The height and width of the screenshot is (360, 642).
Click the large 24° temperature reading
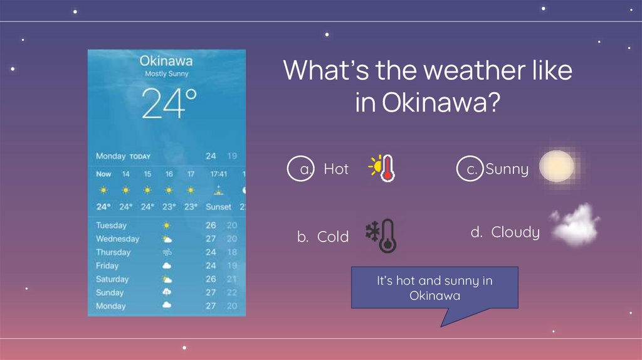pyautogui.click(x=169, y=103)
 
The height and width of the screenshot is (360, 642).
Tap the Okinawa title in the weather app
pyautogui.click(x=166, y=61)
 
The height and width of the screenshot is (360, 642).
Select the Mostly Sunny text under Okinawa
pyautogui.click(x=167, y=74)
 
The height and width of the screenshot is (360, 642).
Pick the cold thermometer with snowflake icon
pyautogui.click(x=381, y=236)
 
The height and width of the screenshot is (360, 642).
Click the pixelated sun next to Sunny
pyautogui.click(x=556, y=166)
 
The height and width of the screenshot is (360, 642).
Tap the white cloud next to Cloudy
pyautogui.click(x=574, y=225)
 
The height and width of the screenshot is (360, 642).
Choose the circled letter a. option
pyautogui.click(x=300, y=169)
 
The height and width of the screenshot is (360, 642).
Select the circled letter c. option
pyautogui.click(x=470, y=169)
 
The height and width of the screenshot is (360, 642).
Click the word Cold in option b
pyautogui.click(x=333, y=237)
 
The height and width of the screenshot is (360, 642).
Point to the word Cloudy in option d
pyautogui.click(x=515, y=233)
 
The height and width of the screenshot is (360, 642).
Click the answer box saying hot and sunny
pyautogui.click(x=434, y=288)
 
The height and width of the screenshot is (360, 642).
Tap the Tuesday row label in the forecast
pyautogui.click(x=111, y=225)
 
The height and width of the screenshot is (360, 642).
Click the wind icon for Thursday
pyautogui.click(x=167, y=252)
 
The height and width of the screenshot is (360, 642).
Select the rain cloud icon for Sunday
pyautogui.click(x=167, y=292)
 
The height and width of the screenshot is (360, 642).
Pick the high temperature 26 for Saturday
pyautogui.click(x=211, y=279)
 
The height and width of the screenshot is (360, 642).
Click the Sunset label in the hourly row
pyautogui.click(x=219, y=206)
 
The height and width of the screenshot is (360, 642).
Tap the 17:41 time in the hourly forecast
pyautogui.click(x=219, y=174)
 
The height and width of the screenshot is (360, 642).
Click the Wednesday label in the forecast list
pyautogui.click(x=117, y=239)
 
